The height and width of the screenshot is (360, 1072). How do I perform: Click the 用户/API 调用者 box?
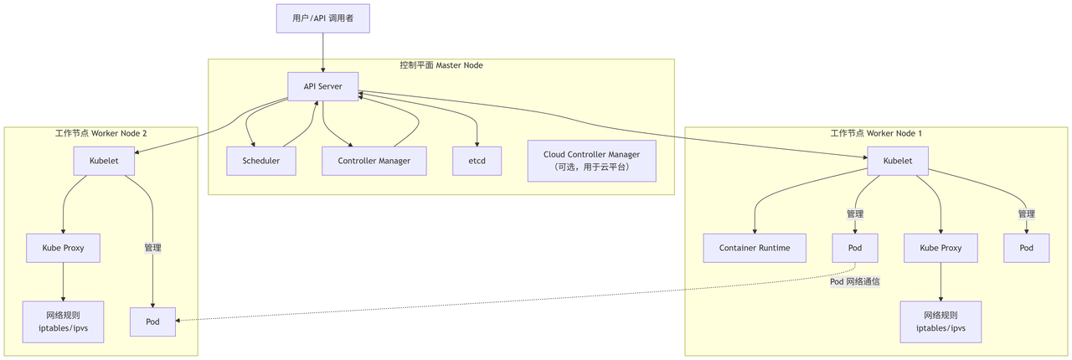pos(322,18)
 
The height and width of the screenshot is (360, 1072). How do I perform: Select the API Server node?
pos(322,86)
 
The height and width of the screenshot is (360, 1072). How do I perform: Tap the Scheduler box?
pos(260,161)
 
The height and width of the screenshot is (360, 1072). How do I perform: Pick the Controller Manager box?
pos(374,161)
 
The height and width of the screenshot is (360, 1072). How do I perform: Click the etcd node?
pos(477,161)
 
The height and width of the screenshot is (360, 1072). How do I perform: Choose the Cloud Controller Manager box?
pos(591,161)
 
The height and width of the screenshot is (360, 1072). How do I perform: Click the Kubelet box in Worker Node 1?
pos(897,161)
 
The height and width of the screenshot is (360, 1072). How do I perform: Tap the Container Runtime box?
pos(755,248)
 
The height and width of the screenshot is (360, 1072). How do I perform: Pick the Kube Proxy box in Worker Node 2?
pos(63,248)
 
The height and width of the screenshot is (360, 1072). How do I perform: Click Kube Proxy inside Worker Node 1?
pos(941,248)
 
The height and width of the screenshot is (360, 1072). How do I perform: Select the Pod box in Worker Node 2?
pos(152,321)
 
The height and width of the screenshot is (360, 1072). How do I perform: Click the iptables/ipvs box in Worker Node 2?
pos(63,321)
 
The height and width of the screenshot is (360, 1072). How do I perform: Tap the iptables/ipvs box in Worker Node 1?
pos(941,321)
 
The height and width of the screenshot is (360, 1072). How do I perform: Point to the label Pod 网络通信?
pos(854,282)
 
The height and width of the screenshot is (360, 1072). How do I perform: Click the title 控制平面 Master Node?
pos(441,65)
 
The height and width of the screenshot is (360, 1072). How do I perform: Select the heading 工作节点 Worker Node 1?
pos(876,133)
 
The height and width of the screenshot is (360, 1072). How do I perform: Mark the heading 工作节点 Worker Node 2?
pos(100,133)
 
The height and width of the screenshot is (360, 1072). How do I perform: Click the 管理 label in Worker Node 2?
pos(152,248)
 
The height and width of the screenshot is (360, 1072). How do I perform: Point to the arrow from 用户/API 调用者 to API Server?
pos(322,52)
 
